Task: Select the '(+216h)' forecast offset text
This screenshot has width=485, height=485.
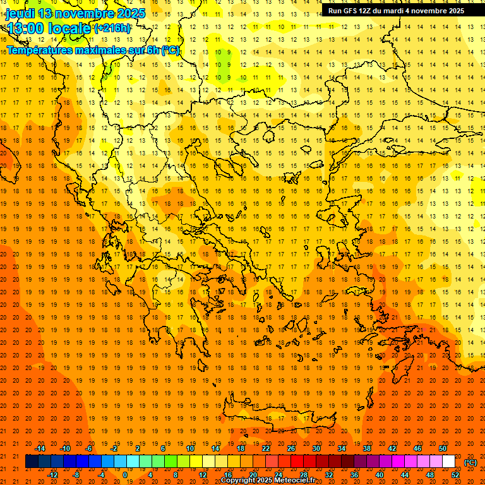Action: point(112,28)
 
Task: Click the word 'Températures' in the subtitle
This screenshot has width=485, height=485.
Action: point(40,50)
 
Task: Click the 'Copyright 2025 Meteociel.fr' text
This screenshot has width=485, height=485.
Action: point(268,481)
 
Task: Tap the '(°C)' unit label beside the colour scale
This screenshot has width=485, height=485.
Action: point(470,462)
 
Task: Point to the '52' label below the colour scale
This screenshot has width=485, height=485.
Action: point(455,475)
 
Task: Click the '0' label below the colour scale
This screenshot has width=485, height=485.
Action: point(124,475)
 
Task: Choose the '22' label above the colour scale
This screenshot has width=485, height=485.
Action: point(266,448)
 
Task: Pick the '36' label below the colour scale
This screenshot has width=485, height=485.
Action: point(354,475)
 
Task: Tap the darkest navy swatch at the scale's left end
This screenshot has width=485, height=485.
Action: point(32,462)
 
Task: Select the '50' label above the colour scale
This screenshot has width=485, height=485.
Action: point(443,448)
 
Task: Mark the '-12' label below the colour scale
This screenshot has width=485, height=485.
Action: point(52,475)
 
